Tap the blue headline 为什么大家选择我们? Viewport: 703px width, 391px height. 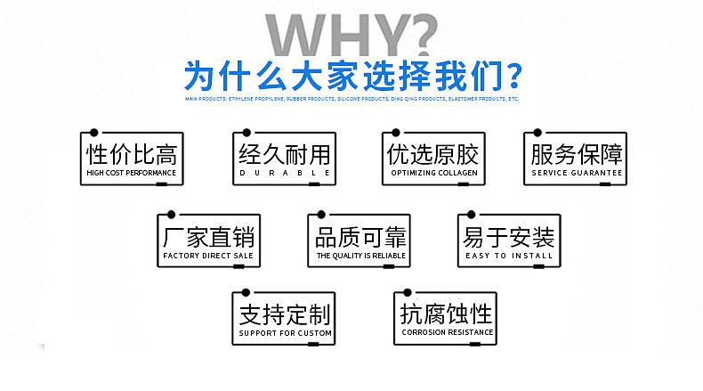tap(351, 76)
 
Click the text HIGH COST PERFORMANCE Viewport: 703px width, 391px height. tap(132, 172)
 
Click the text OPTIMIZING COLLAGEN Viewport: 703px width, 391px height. tap(434, 172)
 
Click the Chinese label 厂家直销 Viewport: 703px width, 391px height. tap(209, 236)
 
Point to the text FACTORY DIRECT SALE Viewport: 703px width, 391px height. tap(209, 256)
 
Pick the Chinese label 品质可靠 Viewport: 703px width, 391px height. tap(360, 236)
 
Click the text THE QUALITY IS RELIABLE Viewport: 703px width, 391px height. tap(360, 256)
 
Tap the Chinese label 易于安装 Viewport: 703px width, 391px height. tap(509, 236)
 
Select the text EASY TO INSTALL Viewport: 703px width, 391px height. tap(509, 256)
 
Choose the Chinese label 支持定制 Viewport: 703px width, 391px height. tap(285, 314)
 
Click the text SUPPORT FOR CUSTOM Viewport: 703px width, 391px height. tap(285, 333)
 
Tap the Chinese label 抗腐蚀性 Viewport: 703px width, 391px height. tap(447, 314)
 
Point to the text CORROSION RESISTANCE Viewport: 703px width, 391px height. tap(447, 333)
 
